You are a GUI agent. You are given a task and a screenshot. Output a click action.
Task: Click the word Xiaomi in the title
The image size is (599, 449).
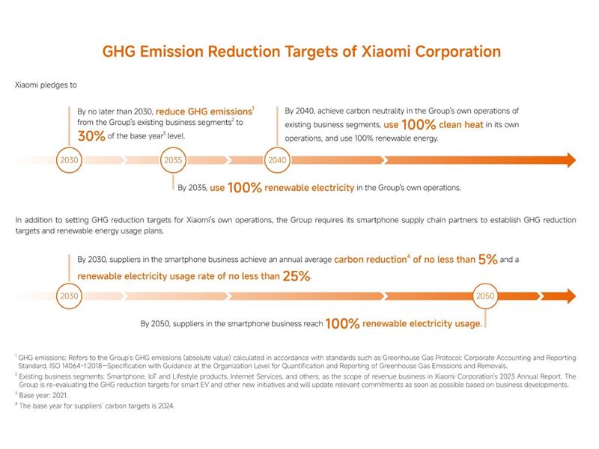coord(382,52)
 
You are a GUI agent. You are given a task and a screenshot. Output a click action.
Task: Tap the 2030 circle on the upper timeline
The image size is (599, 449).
coord(68,160)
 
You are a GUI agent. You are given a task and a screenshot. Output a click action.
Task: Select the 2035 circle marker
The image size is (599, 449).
coord(173,160)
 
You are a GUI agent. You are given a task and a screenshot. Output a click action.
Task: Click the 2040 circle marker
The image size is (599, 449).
coord(277,160)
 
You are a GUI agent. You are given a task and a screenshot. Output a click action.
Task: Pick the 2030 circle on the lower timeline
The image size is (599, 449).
coord(68,296)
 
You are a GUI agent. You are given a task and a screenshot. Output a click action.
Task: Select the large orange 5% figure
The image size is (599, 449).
coord(487,260)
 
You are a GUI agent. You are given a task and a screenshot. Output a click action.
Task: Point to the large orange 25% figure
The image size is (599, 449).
coord(296,277)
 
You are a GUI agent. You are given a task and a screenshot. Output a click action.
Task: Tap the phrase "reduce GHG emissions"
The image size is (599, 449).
coord(204,111)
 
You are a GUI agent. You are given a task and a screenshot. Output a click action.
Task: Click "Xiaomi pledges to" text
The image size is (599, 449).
coord(46,85)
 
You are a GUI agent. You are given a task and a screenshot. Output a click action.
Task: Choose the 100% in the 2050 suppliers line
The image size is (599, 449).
coord(344,323)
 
